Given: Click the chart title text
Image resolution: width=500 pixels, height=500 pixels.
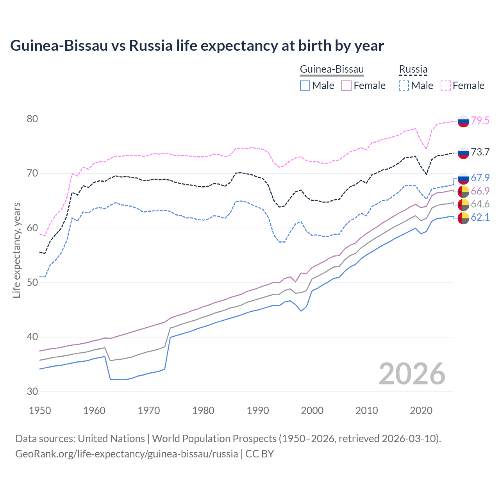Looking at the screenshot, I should click(x=197, y=46).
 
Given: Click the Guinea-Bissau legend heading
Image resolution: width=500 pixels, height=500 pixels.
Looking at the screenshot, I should click(x=332, y=70).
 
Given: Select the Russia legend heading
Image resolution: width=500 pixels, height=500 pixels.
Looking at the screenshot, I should click(x=413, y=70).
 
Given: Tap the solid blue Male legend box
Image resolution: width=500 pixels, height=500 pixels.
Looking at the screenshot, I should click(x=305, y=86).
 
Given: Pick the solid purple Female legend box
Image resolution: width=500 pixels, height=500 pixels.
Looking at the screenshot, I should click(x=346, y=86).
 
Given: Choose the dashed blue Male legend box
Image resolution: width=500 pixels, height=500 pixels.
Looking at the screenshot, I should click(x=404, y=86).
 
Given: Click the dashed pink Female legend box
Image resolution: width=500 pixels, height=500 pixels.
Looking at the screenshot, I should click(x=446, y=86).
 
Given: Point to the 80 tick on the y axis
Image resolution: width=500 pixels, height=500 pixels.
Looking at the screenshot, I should click(x=32, y=119).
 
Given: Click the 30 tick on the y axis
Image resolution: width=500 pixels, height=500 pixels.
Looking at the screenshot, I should click(x=32, y=391).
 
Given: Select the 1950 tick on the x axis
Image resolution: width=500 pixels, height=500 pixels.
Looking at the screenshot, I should click(x=40, y=411).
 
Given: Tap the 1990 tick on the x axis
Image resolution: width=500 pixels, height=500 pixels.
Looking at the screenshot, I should click(x=258, y=411).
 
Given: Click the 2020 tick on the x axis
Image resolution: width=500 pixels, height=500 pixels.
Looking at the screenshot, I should click(x=421, y=411).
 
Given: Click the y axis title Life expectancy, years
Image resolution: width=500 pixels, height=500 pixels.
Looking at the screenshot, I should click(x=16, y=250).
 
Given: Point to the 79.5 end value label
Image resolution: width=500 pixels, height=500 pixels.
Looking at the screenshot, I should click(x=480, y=120).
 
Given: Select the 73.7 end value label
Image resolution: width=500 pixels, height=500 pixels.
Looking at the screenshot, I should click(x=480, y=152).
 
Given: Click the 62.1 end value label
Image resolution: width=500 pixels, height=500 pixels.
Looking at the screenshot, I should click(x=480, y=217).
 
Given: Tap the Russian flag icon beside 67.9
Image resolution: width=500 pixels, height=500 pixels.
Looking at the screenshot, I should click(x=463, y=178).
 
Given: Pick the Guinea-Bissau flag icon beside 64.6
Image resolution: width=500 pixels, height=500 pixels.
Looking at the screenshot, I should click(x=463, y=205).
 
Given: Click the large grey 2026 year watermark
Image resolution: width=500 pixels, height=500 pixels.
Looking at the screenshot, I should click(x=412, y=374).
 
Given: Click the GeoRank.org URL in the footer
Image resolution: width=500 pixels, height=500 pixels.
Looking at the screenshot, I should click(x=127, y=454).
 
